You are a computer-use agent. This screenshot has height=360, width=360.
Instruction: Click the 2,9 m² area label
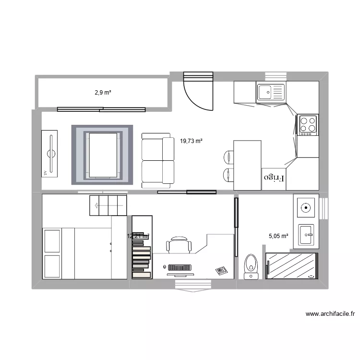(x=103, y=92)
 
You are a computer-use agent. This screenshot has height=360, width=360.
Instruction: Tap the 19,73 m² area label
(x=191, y=141)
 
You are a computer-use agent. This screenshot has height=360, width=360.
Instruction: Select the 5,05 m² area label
(x=278, y=236)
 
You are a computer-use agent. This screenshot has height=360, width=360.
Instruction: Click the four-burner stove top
(x=307, y=125)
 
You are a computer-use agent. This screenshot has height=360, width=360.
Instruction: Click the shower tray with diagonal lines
(x=292, y=265)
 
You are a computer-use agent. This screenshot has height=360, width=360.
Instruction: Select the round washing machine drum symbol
(x=305, y=208)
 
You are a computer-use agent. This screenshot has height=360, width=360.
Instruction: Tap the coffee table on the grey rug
(x=101, y=154)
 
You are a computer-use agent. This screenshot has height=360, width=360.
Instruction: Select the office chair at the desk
(x=178, y=245)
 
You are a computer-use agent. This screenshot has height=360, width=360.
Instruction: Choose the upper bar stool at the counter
(x=228, y=157)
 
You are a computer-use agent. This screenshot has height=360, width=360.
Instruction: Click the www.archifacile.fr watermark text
(x=330, y=314)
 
